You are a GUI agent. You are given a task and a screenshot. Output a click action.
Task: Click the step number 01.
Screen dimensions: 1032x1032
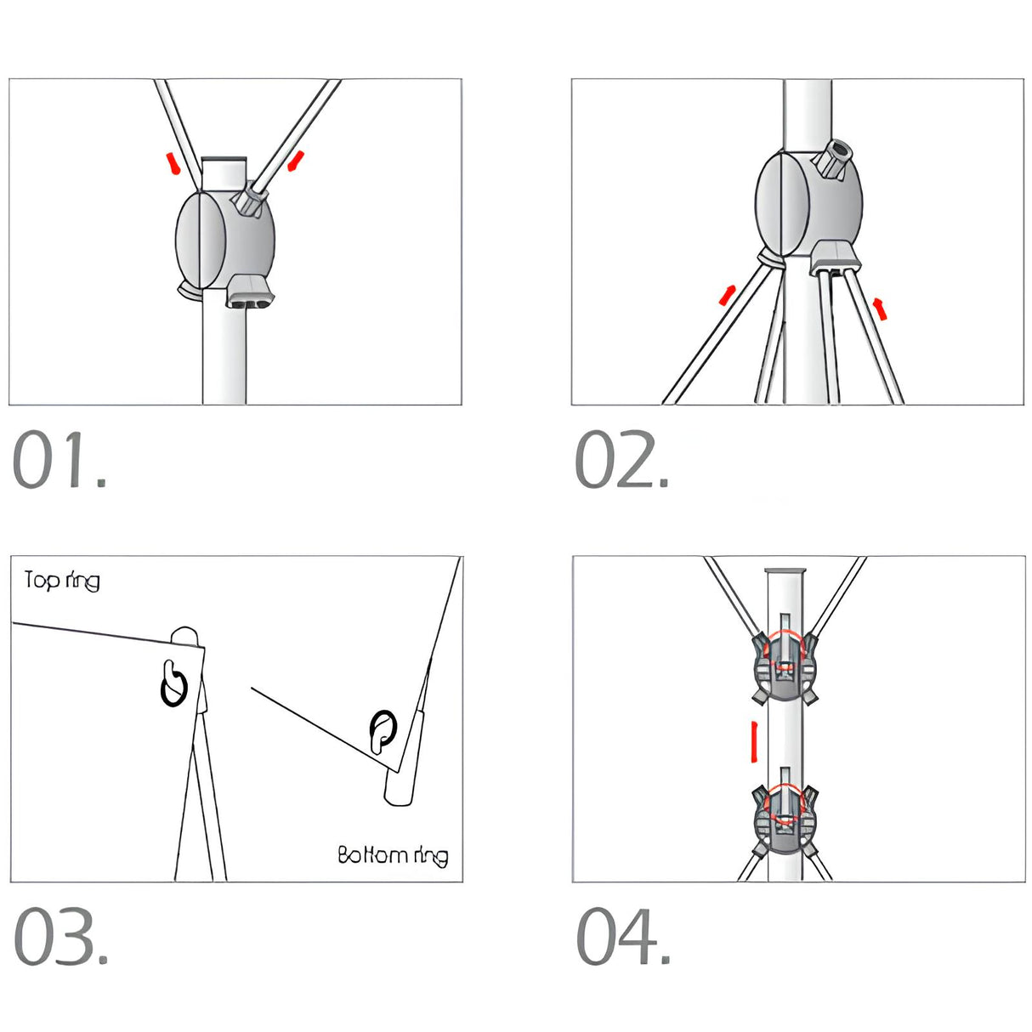coord(60,459)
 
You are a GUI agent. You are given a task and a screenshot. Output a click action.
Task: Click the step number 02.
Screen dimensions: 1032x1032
coord(621,459)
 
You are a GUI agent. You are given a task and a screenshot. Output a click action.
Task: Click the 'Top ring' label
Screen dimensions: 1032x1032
coord(62,581)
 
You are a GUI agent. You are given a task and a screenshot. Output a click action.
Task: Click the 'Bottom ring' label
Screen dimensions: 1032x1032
coord(393,855)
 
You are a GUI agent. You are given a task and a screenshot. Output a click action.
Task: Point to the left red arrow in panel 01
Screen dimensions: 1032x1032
coord(172,163)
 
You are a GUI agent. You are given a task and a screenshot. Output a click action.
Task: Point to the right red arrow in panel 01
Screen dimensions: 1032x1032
coord(296,161)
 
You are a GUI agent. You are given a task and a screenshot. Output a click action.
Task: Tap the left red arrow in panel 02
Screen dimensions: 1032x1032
coord(728,295)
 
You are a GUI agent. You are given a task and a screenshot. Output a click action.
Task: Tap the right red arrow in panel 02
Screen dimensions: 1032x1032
coord(880,309)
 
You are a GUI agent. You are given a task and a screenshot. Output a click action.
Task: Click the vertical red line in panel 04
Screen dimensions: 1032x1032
coord(755,741)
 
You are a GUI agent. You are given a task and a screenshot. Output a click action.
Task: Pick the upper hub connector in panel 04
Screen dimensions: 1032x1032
coord(785,669)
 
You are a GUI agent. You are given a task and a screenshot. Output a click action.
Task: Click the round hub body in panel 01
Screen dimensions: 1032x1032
coord(225,240)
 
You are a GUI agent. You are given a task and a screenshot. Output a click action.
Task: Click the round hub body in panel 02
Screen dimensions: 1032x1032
coord(808,203)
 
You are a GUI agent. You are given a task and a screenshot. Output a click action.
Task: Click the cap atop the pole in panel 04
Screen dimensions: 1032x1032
coord(785,571)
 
